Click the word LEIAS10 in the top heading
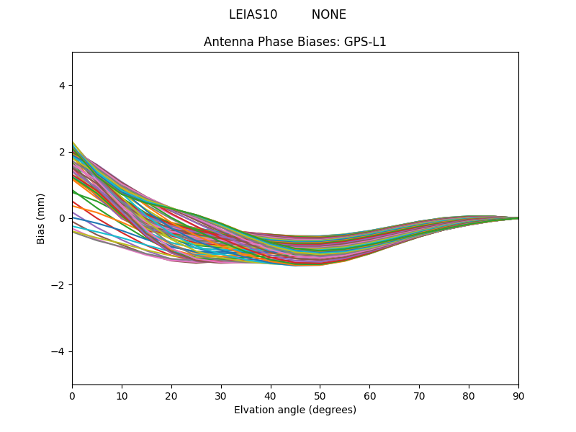click(x=253, y=14)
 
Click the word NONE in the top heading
click(x=328, y=14)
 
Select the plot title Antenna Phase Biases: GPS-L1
click(x=295, y=42)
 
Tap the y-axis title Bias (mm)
click(x=41, y=218)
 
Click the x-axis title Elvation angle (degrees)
click(x=295, y=410)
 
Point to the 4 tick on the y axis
click(x=62, y=86)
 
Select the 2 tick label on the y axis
click(x=62, y=152)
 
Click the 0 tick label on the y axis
click(x=62, y=218)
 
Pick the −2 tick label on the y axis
click(x=59, y=285)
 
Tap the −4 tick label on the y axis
click(x=59, y=351)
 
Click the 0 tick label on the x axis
click(x=72, y=396)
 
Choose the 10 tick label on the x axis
click(x=122, y=396)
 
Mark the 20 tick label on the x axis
click(x=171, y=396)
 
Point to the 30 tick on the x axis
click(x=221, y=396)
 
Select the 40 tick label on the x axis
click(x=271, y=396)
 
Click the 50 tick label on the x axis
click(x=320, y=396)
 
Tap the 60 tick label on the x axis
click(x=369, y=396)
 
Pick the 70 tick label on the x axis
click(x=419, y=396)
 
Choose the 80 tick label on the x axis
click(x=469, y=396)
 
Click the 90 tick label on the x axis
click(x=518, y=396)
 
